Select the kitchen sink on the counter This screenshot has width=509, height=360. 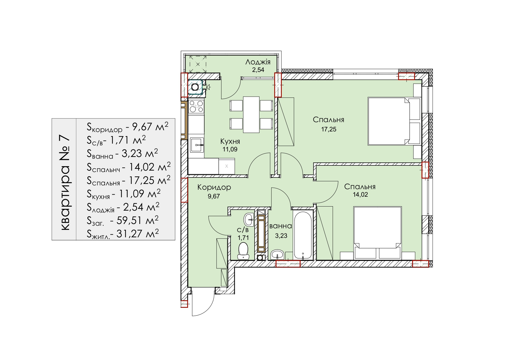[197, 145]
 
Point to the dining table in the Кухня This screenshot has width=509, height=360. [251, 115]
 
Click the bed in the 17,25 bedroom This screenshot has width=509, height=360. [394, 121]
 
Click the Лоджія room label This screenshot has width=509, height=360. [258, 62]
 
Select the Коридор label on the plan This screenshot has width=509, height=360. [214, 187]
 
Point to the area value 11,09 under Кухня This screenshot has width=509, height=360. [230, 149]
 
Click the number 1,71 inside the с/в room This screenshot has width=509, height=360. [243, 238]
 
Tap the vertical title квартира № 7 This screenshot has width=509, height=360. [65, 183]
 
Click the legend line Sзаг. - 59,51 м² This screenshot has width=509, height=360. [123, 221]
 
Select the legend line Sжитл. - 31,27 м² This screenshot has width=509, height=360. [123, 234]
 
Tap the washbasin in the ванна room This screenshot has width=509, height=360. [277, 255]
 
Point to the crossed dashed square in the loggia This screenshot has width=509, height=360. [198, 64]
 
